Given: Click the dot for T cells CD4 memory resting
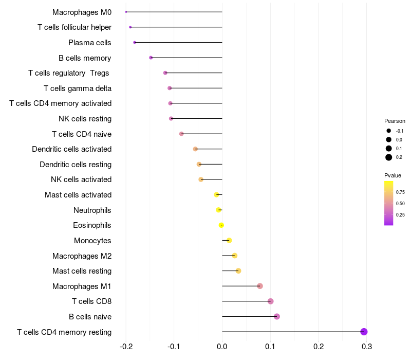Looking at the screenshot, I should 364,332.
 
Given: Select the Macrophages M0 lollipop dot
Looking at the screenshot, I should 126,12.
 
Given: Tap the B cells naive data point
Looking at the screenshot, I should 277,316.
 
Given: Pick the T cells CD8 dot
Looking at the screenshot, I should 271,301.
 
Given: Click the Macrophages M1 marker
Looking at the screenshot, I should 260,286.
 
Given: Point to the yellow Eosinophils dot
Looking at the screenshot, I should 221,225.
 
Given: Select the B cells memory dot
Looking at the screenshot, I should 151,58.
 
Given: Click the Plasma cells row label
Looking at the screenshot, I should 90,43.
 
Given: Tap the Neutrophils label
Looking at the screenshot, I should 92,210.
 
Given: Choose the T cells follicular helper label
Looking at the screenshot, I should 74,27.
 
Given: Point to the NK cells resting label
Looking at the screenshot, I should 85,119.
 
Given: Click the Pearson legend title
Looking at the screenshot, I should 395,121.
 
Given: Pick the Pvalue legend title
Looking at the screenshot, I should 393,175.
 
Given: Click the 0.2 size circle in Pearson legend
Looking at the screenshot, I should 389,157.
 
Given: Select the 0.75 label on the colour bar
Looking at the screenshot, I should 400,192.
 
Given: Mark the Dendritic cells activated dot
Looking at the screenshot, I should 195,149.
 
